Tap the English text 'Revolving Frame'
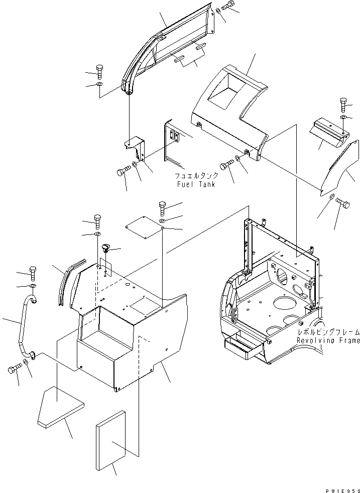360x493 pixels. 328,341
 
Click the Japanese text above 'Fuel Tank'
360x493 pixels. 196,176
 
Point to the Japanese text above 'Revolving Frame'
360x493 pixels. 328,332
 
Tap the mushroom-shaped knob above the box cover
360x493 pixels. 105,248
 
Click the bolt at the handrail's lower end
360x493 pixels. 14,371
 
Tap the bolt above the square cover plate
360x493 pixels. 162,206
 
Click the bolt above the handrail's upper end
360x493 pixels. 33,272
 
